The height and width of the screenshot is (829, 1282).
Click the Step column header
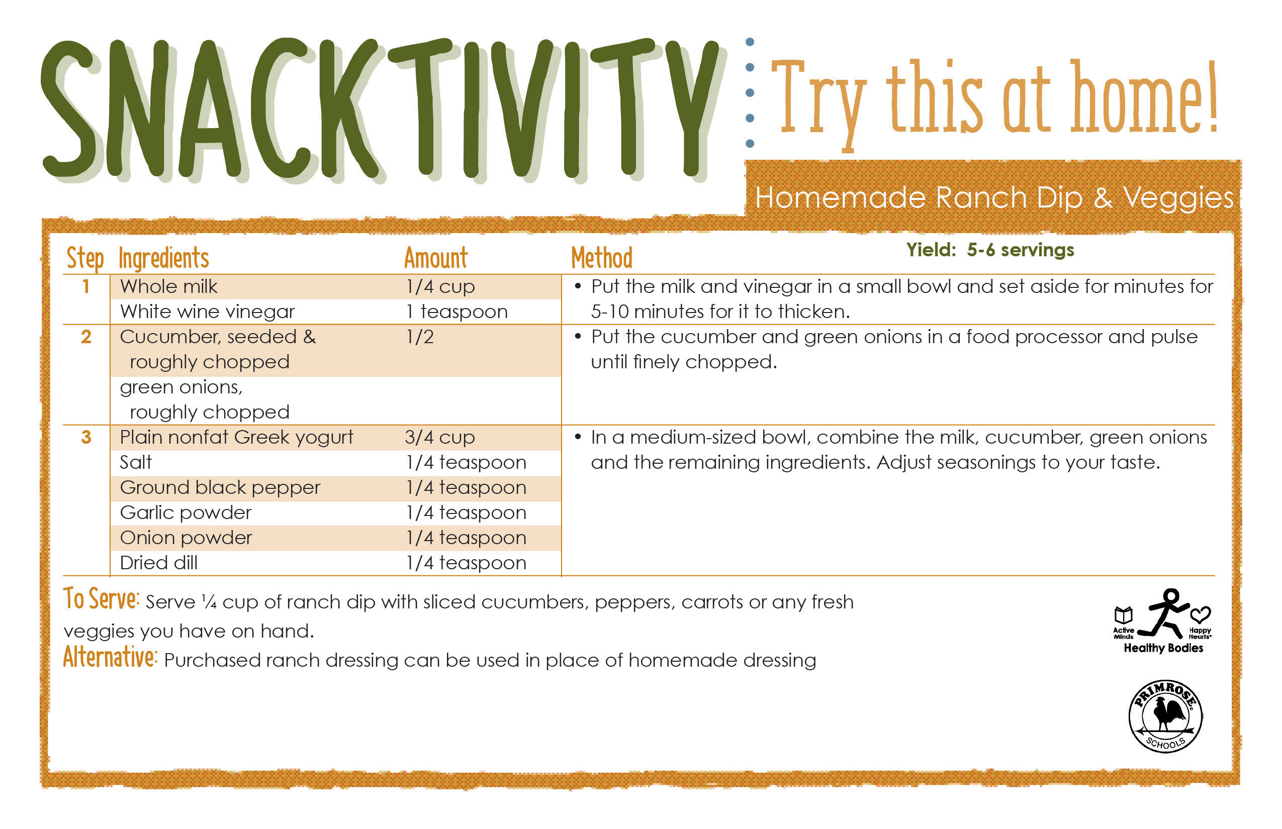pos(85,259)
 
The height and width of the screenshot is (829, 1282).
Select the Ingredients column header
pos(164,258)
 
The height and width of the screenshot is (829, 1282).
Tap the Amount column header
pos(436,258)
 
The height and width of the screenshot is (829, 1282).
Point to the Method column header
pos(602,258)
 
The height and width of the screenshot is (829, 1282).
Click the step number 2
pos(86,337)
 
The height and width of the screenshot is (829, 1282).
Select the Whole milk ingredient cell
pos(168,286)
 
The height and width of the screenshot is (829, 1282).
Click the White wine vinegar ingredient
pos(207,312)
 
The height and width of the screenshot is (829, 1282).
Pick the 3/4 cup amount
pos(440,438)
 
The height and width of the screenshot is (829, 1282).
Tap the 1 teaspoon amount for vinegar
pos(457,312)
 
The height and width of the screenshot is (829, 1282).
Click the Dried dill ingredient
pos(159,563)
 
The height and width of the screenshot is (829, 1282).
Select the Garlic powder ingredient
pos(186,513)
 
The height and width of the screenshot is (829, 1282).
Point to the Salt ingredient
pos(136,462)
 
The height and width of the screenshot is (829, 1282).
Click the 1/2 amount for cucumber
pos(420,337)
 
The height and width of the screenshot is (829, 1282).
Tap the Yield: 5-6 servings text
pos(990,250)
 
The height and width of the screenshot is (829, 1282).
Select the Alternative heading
pos(110,657)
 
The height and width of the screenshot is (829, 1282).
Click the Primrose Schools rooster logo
pos(1165,716)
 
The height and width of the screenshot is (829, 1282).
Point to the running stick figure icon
pos(1166,613)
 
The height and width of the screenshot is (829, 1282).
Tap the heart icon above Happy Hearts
pos(1200,615)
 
